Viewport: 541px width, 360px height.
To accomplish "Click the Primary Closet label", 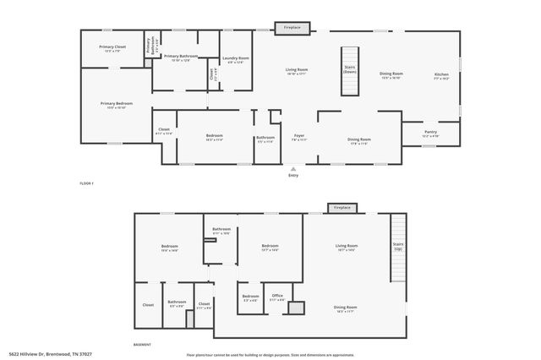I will [112, 48].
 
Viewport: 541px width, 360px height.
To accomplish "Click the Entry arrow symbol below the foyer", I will [293, 168].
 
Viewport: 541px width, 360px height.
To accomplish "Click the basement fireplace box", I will [342, 207].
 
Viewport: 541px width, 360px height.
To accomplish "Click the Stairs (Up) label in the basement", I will [397, 248].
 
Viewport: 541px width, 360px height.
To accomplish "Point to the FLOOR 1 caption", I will [86, 183].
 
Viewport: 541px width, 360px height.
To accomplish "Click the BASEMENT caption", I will [143, 345].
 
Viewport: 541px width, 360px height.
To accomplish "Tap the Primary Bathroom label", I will [180, 57].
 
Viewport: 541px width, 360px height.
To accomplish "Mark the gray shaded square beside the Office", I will [295, 308].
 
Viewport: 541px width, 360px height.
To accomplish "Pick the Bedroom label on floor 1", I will [215, 138].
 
